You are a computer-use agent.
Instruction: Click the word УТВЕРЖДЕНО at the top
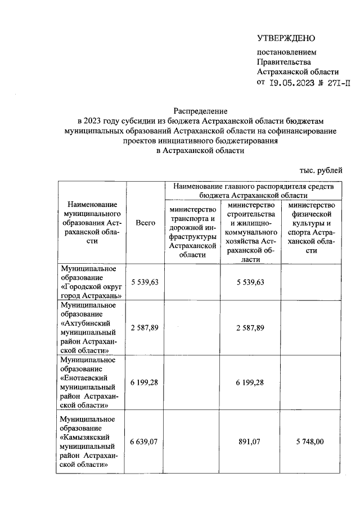pos(286,39)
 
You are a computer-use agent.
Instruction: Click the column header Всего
pos(146,223)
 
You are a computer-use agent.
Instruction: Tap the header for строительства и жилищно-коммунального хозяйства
pos(251,232)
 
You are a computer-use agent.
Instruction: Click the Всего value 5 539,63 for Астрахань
pos(145,282)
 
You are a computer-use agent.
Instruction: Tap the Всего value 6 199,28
pos(145,382)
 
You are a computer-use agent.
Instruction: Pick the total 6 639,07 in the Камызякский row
pos(145,442)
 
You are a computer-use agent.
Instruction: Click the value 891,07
pos(251,442)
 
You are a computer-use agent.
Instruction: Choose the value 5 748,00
pos(310,442)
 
